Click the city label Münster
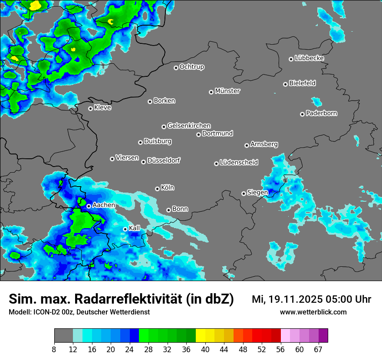click(227, 91)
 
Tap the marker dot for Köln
click(157, 189)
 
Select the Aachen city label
click(104, 205)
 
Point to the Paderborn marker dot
click(302, 114)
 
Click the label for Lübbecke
click(309, 58)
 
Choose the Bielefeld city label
click(302, 83)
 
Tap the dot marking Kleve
click(90, 108)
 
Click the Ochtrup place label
click(192, 67)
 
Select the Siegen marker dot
click(244, 193)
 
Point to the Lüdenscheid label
click(239, 163)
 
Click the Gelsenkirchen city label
click(189, 126)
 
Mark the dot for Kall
click(125, 229)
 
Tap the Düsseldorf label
click(164, 160)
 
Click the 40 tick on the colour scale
click(205, 349)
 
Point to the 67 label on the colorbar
click(318, 349)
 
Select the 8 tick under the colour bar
click(54, 349)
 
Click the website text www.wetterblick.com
click(313, 312)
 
